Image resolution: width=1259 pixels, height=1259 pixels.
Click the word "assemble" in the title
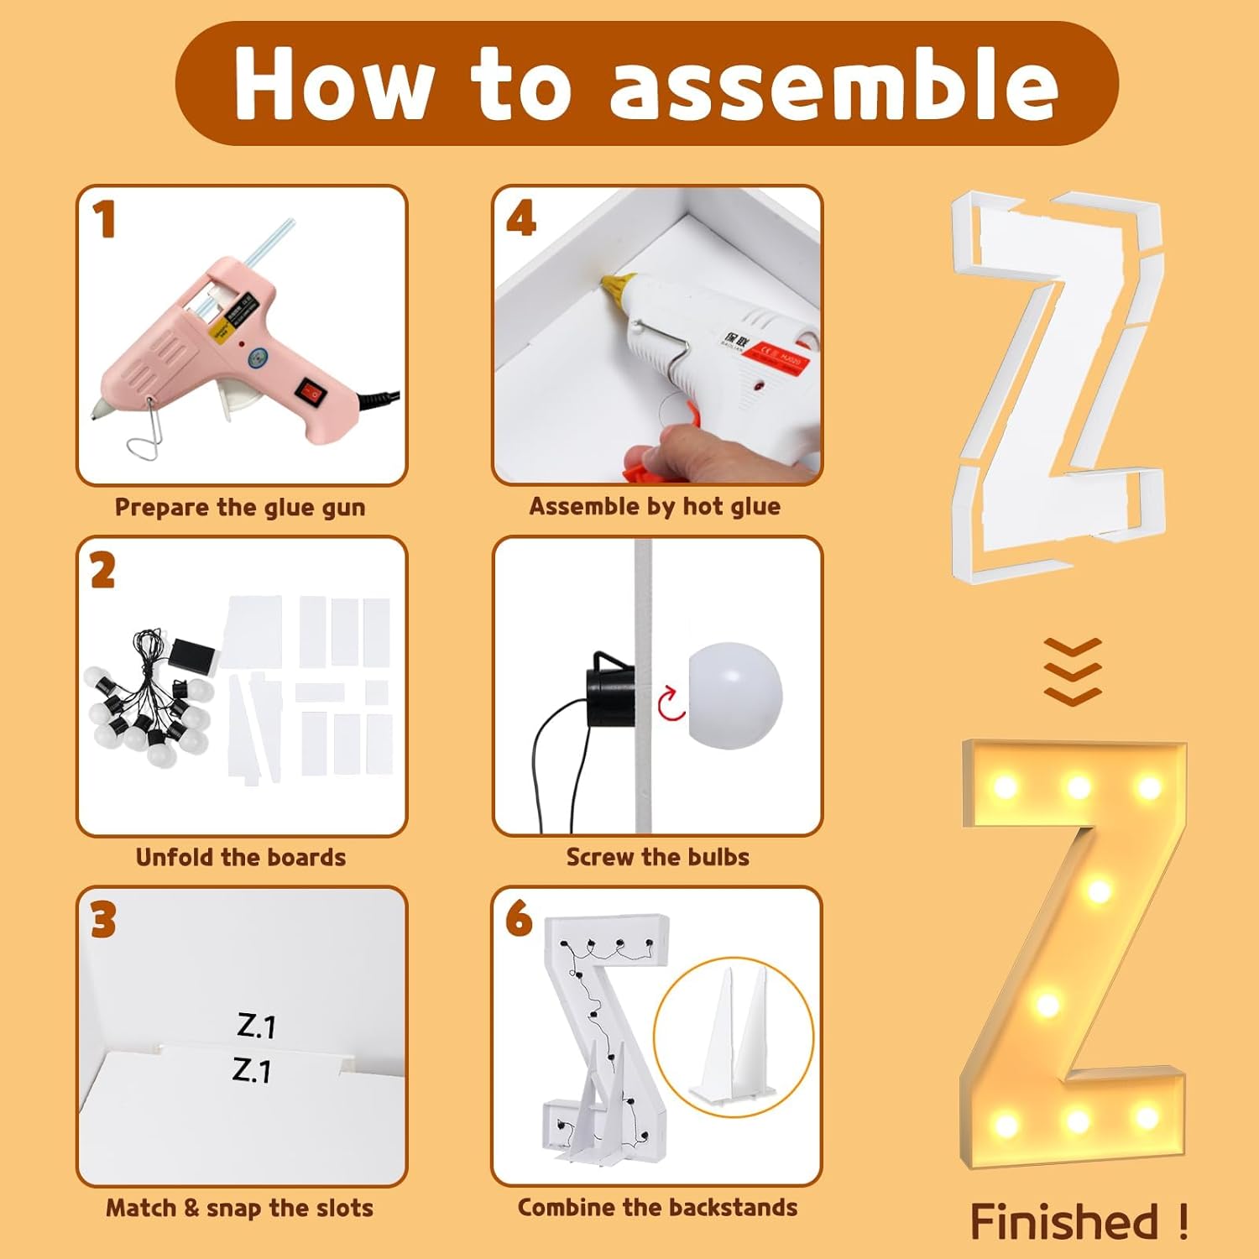tap(833, 85)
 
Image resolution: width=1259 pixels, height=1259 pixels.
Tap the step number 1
tap(104, 220)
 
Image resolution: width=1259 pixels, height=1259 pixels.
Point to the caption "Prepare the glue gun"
tap(240, 507)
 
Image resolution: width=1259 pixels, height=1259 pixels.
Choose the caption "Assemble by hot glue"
tap(655, 506)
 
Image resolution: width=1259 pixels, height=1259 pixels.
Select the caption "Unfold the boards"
tap(241, 857)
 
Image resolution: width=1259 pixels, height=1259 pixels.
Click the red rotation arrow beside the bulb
tap(671, 703)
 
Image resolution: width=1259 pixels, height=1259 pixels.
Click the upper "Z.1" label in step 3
tap(256, 1025)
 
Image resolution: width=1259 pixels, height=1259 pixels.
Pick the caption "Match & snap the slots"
tap(239, 1208)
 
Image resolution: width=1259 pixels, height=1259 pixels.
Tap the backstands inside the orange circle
tap(734, 1037)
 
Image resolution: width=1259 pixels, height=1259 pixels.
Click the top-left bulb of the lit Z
tap(1005, 787)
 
